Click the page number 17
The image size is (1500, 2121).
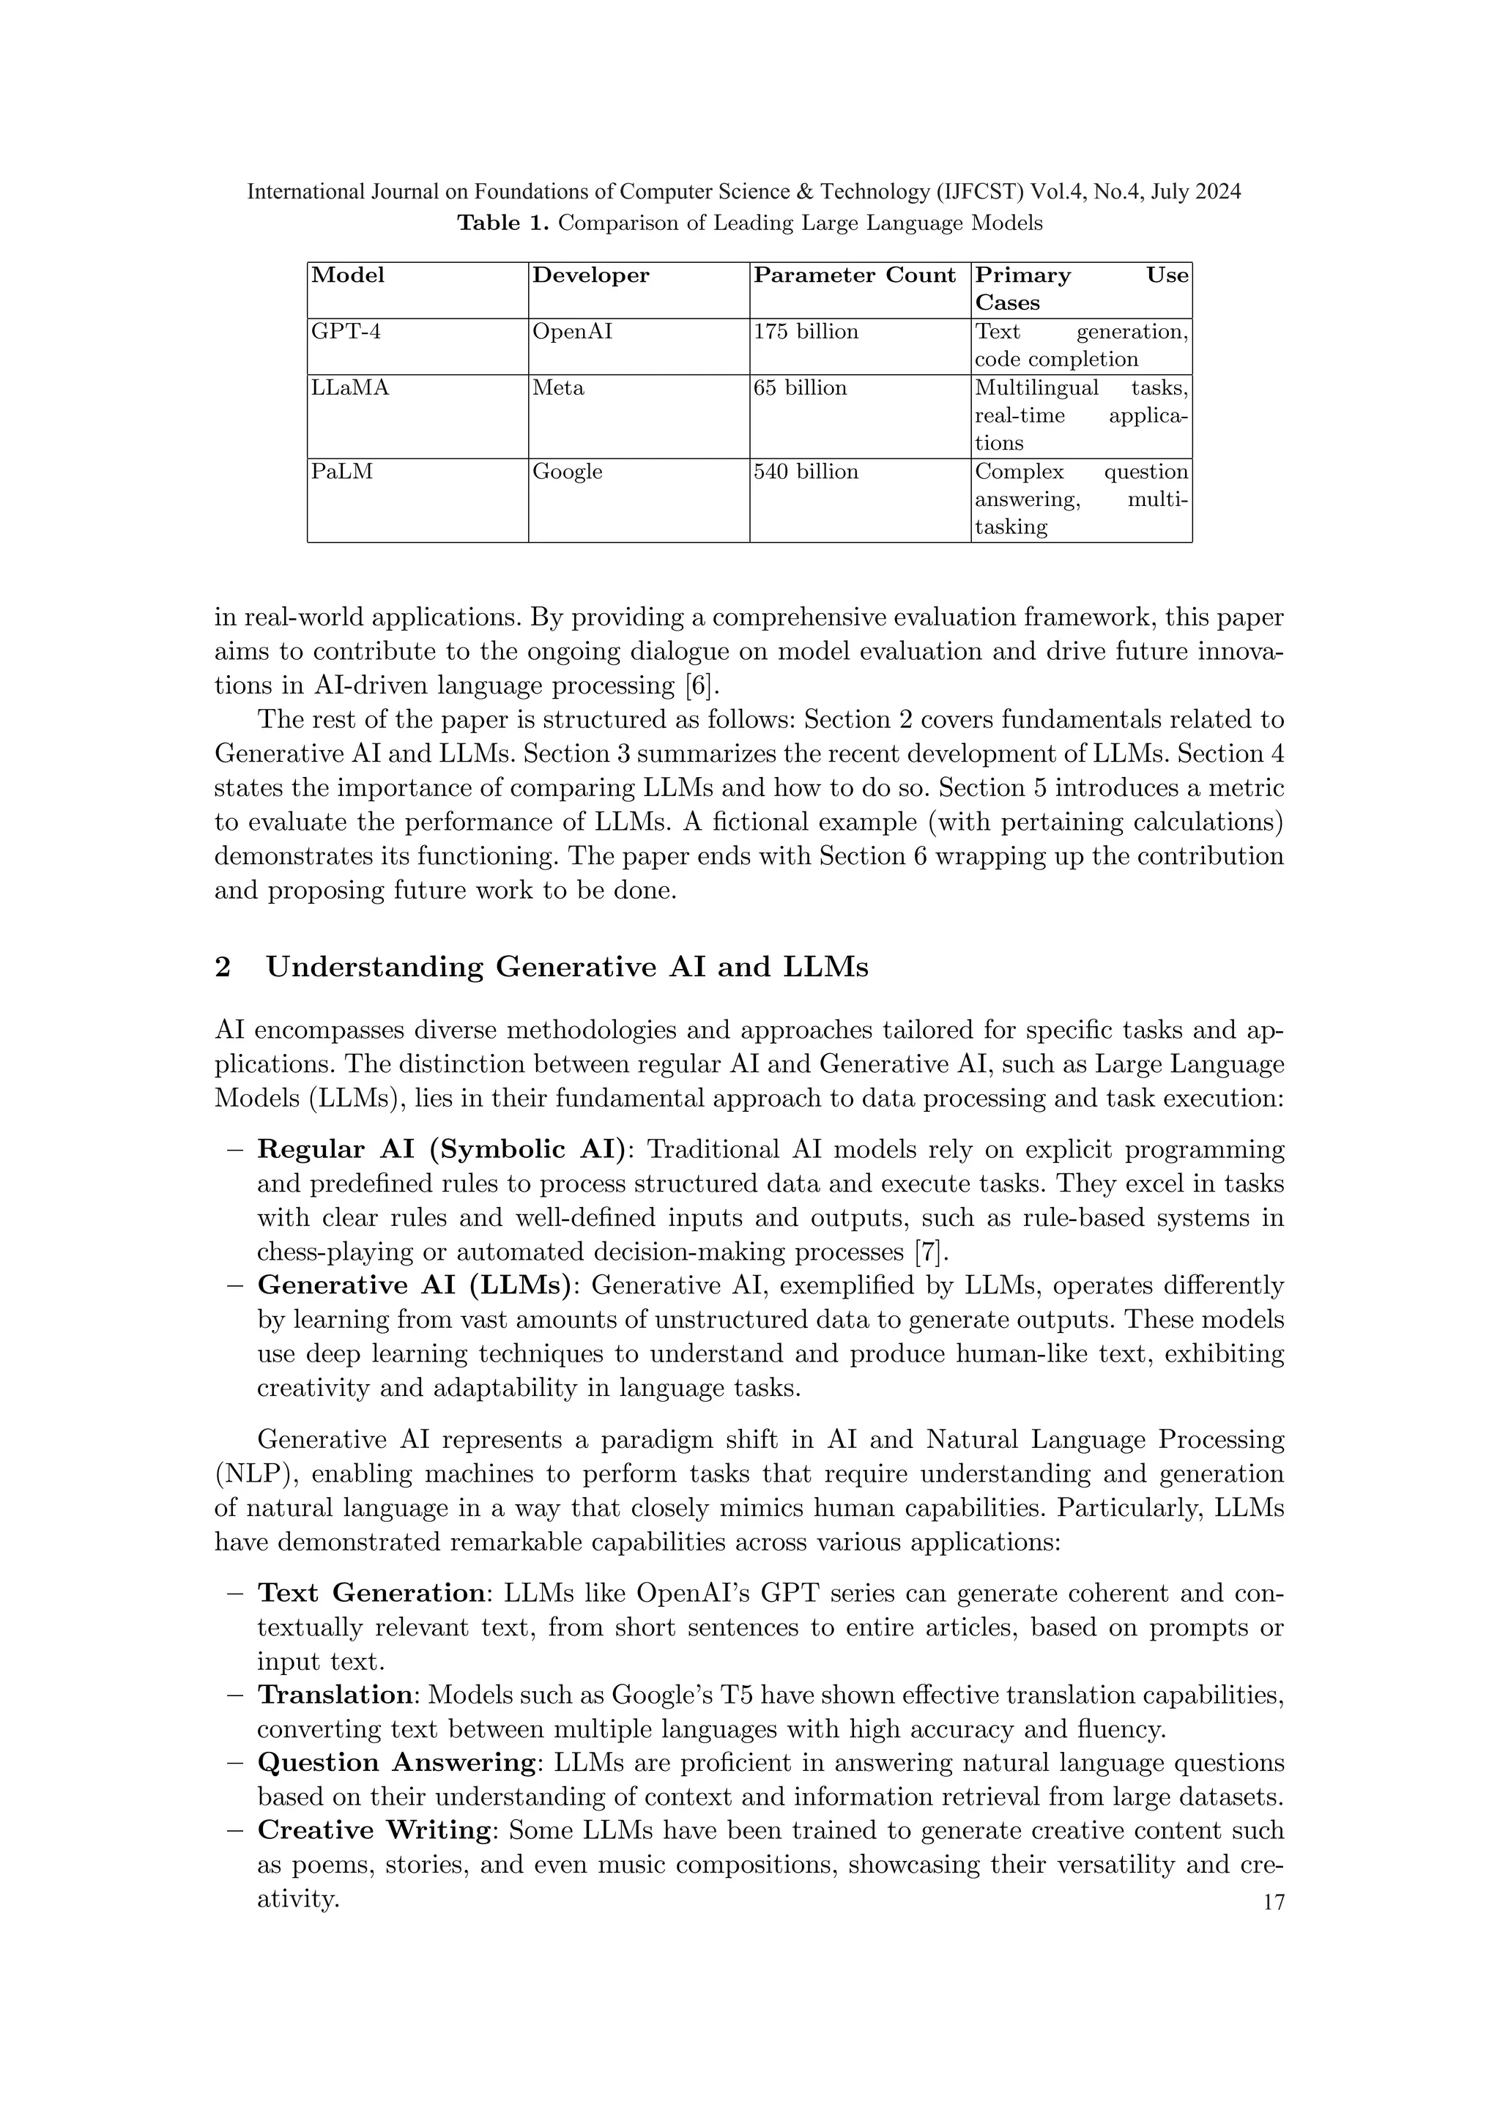[1273, 1903]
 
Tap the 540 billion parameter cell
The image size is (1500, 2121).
[806, 472]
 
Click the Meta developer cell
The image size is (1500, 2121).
[558, 388]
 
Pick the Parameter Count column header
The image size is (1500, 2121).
[855, 275]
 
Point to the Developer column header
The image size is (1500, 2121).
[591, 275]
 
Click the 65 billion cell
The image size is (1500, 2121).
[800, 388]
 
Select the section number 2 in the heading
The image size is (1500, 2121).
[222, 967]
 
